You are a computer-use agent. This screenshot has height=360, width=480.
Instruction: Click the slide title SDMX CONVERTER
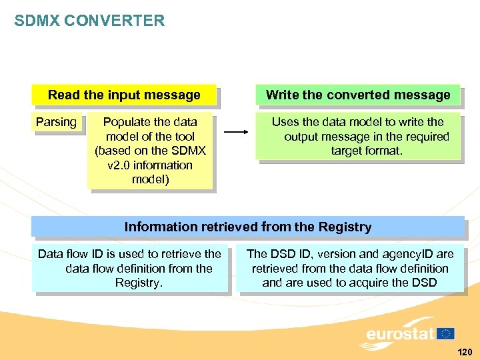click(x=89, y=21)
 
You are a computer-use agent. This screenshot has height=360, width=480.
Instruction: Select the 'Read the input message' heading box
click(x=124, y=95)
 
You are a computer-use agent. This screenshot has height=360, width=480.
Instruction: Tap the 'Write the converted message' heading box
click(x=358, y=95)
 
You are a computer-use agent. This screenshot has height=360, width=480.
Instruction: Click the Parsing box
click(x=56, y=122)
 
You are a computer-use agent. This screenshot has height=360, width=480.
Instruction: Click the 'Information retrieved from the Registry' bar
click(x=248, y=227)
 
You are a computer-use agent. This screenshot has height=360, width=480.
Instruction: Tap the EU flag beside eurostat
click(x=446, y=333)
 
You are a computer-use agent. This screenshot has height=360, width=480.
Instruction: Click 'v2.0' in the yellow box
click(x=122, y=165)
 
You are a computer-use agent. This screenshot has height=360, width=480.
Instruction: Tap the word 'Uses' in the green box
click(x=285, y=122)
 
